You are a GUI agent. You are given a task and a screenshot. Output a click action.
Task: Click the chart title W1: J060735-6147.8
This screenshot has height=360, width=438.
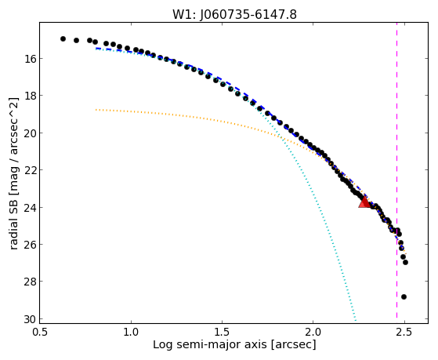(234, 14)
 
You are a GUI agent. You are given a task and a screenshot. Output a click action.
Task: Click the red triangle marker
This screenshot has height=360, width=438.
(364, 202)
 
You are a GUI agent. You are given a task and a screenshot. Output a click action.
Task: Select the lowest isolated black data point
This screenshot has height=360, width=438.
(404, 296)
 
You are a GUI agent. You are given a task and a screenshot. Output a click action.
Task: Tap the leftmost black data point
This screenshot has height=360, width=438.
(63, 38)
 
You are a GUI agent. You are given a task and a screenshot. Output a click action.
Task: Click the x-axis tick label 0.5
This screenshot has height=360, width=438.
(40, 333)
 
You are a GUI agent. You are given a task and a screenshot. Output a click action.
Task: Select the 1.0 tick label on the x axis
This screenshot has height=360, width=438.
(131, 333)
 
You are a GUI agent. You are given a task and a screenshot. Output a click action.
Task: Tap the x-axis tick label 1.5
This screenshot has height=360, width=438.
(222, 333)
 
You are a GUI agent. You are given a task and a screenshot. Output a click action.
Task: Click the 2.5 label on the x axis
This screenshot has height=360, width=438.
(404, 333)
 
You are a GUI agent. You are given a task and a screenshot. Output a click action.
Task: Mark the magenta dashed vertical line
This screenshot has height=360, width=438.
(396, 173)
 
